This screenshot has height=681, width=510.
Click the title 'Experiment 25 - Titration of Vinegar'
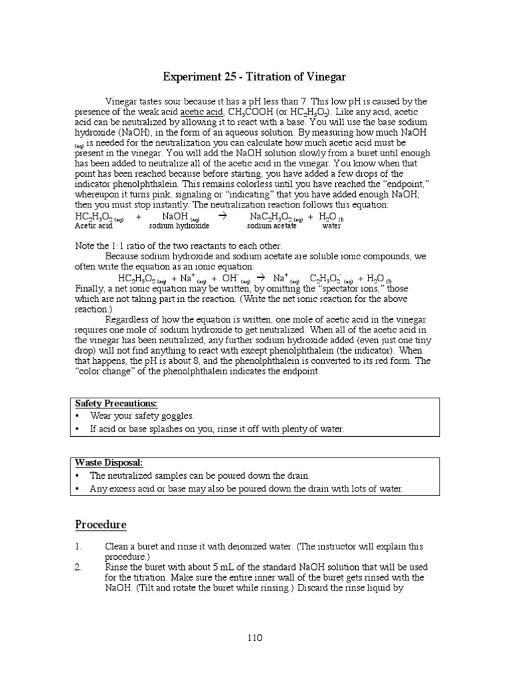[x=256, y=76]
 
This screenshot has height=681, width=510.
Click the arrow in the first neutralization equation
[x=222, y=217]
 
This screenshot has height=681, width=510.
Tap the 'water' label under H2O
[x=331, y=226]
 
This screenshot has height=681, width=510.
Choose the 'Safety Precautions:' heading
[x=116, y=404]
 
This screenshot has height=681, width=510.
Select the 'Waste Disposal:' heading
[x=109, y=463]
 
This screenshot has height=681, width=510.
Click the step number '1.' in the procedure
[x=78, y=547]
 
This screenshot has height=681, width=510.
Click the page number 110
[x=255, y=638]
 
